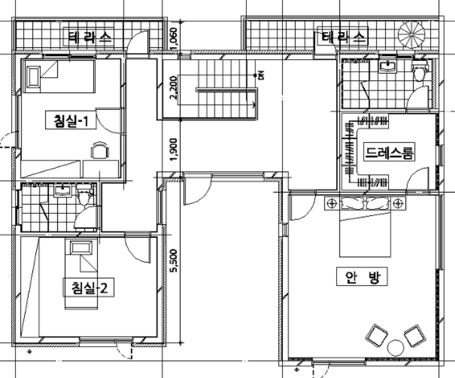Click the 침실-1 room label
click(x=71, y=120)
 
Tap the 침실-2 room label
click(x=89, y=288)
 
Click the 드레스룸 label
click(x=389, y=152)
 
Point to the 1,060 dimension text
click(x=174, y=38)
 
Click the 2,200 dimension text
click(x=173, y=87)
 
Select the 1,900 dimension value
click(x=174, y=149)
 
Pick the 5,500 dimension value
click(x=174, y=261)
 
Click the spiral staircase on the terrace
click(x=411, y=35)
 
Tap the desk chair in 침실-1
click(x=100, y=150)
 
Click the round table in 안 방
click(x=396, y=348)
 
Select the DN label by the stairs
click(x=261, y=75)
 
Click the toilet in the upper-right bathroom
click(x=419, y=71)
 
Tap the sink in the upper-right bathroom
click(x=388, y=66)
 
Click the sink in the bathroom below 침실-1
click(x=63, y=190)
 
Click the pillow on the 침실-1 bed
click(x=33, y=77)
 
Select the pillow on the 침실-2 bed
click(x=81, y=248)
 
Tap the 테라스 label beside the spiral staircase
click(x=343, y=37)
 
